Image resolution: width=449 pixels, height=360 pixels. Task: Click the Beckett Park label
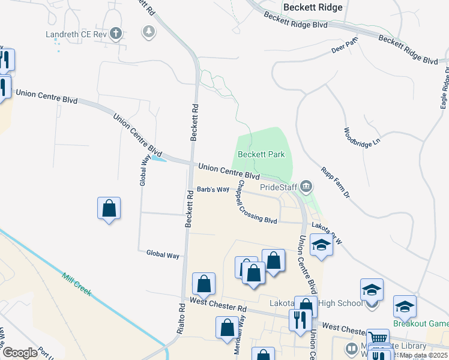(x=261, y=154)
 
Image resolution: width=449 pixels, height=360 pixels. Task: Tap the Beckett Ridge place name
(x=313, y=8)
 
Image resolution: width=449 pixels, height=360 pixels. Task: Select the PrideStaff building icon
(x=307, y=187)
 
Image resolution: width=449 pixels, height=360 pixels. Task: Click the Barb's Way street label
(x=214, y=190)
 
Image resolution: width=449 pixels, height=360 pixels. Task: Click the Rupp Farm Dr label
(x=335, y=182)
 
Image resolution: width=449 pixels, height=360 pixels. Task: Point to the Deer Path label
(x=344, y=47)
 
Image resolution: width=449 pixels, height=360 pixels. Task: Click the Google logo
(x=20, y=353)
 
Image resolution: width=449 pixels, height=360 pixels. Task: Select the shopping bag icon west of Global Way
(x=109, y=209)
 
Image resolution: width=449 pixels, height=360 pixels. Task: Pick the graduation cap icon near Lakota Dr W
(x=321, y=245)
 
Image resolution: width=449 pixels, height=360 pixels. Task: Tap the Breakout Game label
(x=421, y=323)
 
